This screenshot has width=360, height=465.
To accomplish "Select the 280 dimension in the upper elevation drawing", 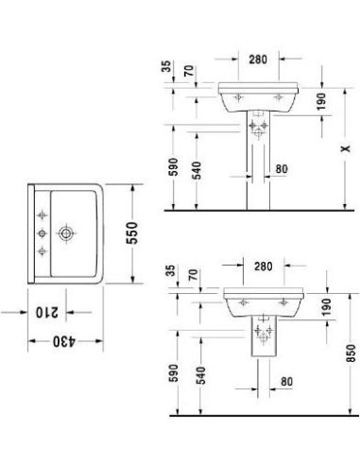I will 258,59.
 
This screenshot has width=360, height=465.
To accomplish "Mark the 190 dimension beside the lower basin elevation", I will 326,309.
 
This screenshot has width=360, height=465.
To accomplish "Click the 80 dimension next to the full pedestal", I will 282,171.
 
